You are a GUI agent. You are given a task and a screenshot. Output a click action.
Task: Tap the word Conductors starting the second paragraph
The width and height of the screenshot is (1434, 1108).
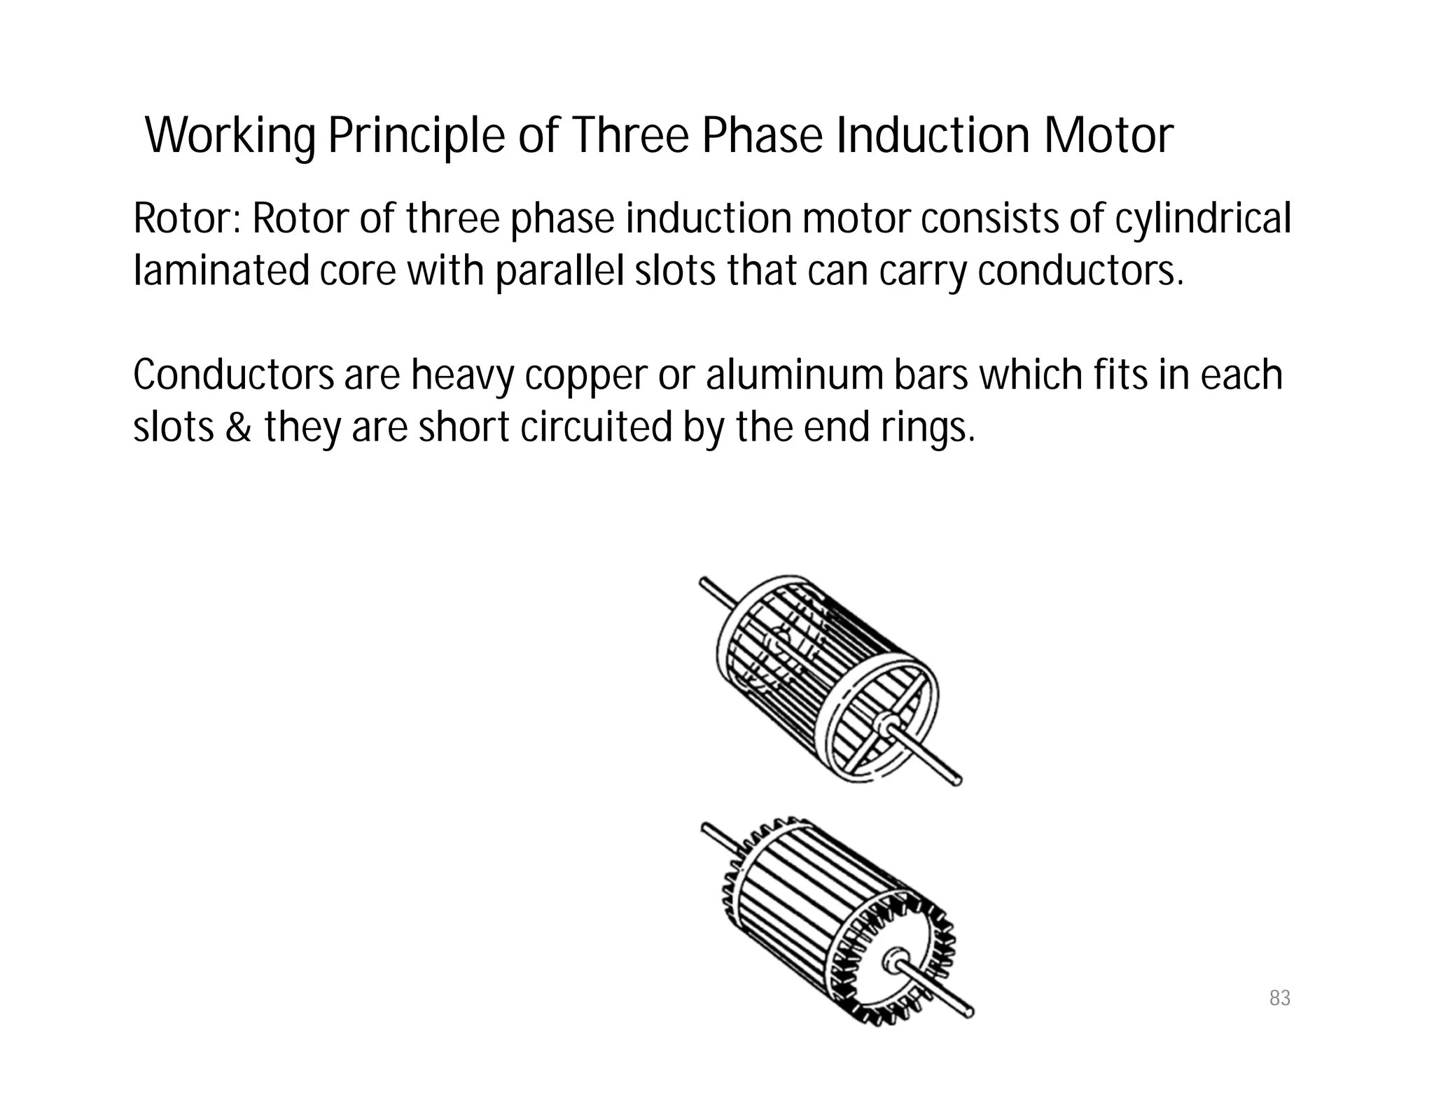233,375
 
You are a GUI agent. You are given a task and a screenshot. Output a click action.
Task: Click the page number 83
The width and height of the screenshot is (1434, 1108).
1279,998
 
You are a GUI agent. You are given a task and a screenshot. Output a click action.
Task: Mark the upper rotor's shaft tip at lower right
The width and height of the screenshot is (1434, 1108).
956,781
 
